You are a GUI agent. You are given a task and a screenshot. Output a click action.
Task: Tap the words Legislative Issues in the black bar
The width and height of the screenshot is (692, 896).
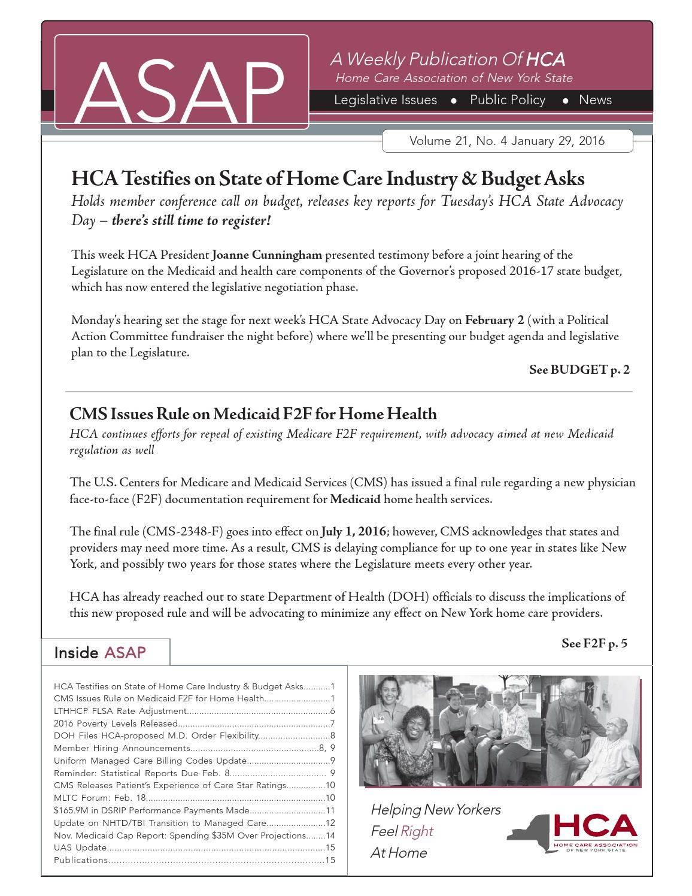point(385,100)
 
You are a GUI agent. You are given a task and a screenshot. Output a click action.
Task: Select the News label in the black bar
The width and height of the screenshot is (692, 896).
point(595,100)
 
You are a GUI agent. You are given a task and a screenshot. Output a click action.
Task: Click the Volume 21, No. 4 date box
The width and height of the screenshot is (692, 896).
point(506,141)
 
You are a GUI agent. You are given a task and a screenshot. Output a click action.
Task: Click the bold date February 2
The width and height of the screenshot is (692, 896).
point(494,320)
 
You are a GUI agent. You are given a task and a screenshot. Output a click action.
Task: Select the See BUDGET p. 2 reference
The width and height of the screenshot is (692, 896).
point(579,370)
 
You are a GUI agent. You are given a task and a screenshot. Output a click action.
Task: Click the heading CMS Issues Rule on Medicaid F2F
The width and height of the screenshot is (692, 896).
point(253,414)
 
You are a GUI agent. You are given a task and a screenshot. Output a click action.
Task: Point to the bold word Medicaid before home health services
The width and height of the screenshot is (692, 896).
point(355,499)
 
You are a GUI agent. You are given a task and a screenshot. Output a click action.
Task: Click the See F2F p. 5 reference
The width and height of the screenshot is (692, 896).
point(594,643)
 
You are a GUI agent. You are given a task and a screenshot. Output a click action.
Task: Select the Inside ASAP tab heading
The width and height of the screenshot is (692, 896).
point(100,652)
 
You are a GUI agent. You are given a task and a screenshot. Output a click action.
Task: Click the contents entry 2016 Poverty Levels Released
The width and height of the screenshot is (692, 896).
point(116,724)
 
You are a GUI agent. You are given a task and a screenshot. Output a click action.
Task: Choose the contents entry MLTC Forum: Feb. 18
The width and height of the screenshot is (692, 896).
point(99,798)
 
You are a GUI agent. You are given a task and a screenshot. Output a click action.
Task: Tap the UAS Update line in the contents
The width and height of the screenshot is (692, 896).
point(80,847)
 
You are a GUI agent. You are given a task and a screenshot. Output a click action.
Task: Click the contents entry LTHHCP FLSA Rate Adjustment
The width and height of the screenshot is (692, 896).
point(120,711)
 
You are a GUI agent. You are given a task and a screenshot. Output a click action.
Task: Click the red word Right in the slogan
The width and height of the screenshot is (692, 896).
point(417,831)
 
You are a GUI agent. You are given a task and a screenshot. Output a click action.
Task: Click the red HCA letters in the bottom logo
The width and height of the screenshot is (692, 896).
point(595,827)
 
